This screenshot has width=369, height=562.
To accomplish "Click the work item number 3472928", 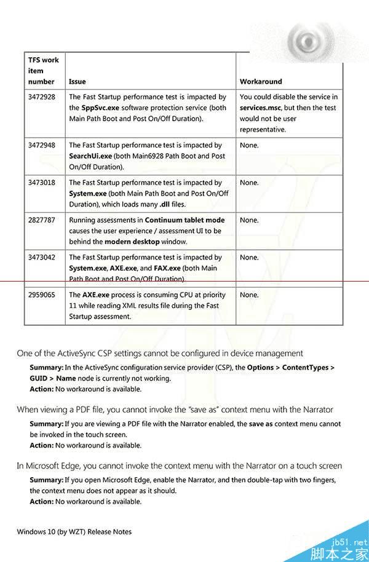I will (x=42, y=97).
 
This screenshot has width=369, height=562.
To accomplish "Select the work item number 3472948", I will (x=42, y=146).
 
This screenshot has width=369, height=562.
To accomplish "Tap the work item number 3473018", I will (x=42, y=183).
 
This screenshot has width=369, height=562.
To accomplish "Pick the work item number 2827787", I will (x=42, y=220).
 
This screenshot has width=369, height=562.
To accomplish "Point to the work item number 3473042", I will (x=42, y=258).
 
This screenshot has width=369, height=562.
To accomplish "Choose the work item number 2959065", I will (x=42, y=295).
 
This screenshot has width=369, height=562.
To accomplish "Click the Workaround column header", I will (x=261, y=82).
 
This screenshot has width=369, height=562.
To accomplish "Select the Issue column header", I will (x=77, y=82).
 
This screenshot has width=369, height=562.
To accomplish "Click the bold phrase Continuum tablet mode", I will (x=184, y=220).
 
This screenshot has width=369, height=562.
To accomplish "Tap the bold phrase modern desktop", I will (x=130, y=242).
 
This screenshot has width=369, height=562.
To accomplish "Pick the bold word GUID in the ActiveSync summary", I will (x=39, y=379).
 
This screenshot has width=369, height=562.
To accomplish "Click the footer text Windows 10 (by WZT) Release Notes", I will (x=74, y=532).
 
